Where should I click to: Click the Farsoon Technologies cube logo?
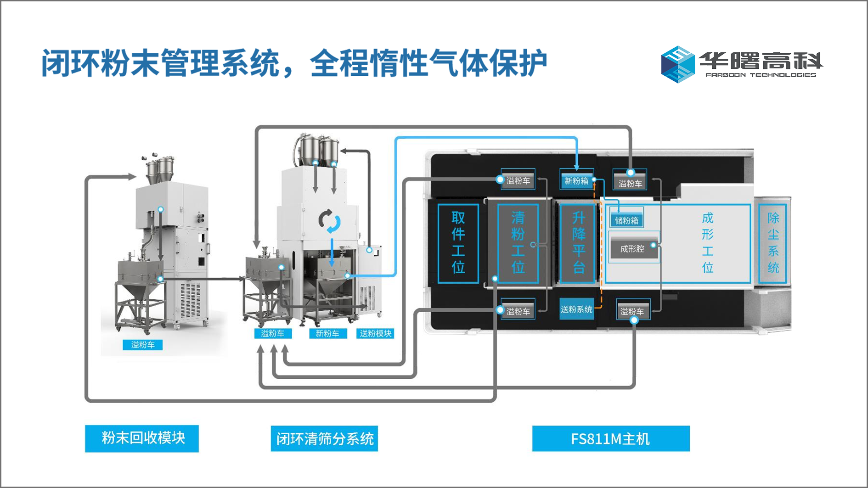pyautogui.click(x=677, y=64)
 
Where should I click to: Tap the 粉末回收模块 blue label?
pyautogui.click(x=142, y=438)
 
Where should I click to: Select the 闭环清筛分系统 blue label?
pyautogui.click(x=324, y=439)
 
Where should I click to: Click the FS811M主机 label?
pyautogui.click(x=610, y=439)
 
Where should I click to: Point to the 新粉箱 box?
pyautogui.click(x=576, y=181)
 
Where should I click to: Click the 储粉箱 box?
pyautogui.click(x=626, y=220)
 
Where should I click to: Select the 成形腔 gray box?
pyautogui.click(x=632, y=249)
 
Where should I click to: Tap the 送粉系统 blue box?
pyautogui.click(x=576, y=309)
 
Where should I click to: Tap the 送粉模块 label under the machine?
pyautogui.click(x=375, y=334)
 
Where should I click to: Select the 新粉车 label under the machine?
pyautogui.click(x=327, y=334)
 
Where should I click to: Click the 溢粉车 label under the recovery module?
pyautogui.click(x=143, y=345)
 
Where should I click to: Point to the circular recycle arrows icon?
pyautogui.click(x=330, y=221)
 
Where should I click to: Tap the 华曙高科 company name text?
pyautogui.click(x=761, y=60)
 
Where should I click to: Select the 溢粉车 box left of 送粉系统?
pyautogui.click(x=518, y=311)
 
